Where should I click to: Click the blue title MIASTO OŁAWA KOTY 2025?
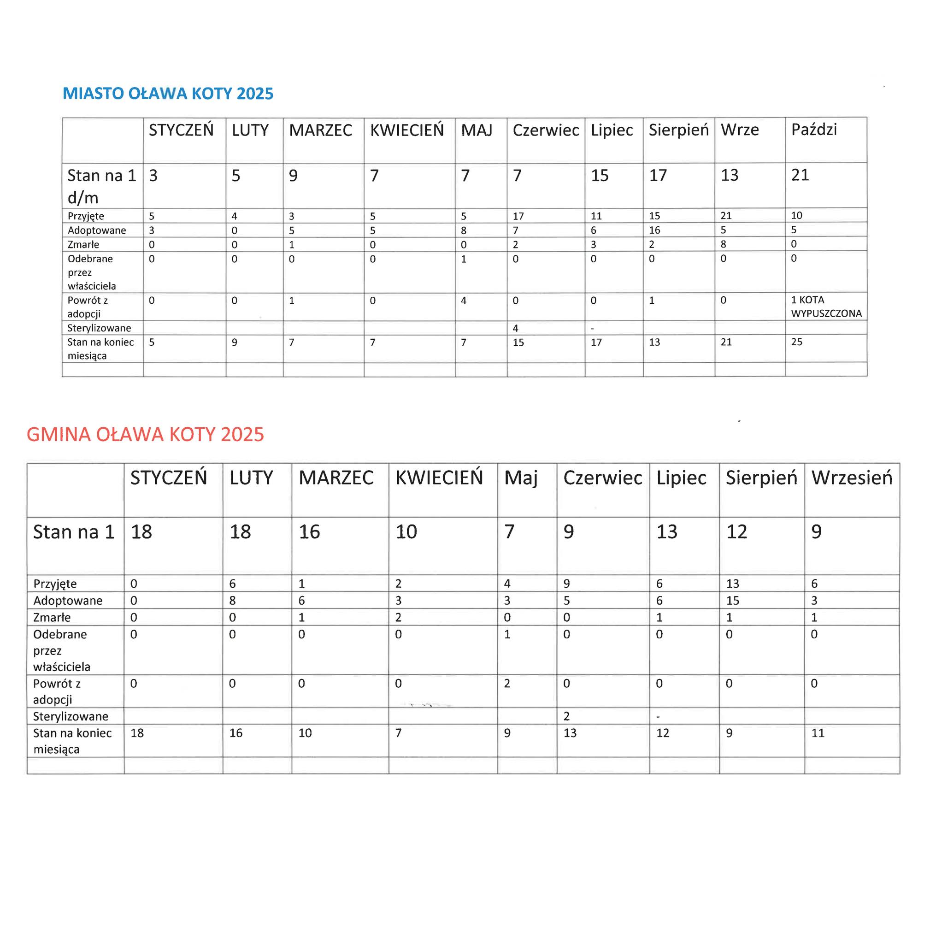168,93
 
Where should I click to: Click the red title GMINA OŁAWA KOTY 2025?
145,434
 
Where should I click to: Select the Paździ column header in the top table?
814,130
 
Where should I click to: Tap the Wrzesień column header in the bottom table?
852,478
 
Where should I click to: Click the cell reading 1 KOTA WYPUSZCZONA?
825,307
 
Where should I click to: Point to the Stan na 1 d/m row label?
101,186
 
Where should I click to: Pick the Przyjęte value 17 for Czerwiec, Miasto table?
518,216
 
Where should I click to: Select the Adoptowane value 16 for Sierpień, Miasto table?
654,230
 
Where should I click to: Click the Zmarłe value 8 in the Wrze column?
724,244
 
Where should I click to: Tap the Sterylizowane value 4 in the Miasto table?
515,328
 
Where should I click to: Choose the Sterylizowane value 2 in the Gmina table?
566,716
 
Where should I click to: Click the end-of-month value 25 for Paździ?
797,342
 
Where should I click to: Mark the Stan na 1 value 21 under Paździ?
800,175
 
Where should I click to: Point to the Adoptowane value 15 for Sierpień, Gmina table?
732,601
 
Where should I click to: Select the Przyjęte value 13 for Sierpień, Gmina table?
732,584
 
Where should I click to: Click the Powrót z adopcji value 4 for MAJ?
464,301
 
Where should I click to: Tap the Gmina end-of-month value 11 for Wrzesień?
818,733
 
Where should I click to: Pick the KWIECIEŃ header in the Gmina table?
439,478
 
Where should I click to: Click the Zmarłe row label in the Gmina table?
52,618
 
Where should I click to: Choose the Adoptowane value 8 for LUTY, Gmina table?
233,601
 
